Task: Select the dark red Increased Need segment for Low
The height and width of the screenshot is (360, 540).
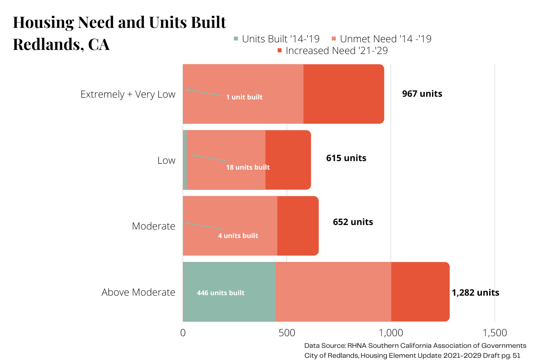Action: point(288,160)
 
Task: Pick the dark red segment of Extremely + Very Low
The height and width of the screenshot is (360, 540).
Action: point(343,94)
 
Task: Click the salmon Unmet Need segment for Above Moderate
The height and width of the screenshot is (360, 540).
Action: point(333,292)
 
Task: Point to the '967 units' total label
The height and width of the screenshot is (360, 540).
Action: point(422,94)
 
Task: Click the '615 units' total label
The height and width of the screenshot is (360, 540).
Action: point(346,158)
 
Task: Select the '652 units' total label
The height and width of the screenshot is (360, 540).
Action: point(353,222)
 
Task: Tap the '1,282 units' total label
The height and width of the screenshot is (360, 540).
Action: point(475,292)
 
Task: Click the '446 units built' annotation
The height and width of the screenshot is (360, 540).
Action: point(220,293)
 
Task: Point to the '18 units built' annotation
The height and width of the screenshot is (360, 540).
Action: point(248,167)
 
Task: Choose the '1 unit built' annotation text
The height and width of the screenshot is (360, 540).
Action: point(244,97)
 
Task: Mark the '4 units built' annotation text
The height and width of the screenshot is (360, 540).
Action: point(238,236)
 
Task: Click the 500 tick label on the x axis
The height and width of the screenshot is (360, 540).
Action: point(287,333)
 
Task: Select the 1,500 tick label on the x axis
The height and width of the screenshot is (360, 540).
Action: point(495,333)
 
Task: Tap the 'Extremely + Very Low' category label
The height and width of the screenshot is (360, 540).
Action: point(128,94)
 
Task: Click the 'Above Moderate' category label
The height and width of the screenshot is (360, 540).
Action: point(138,292)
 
